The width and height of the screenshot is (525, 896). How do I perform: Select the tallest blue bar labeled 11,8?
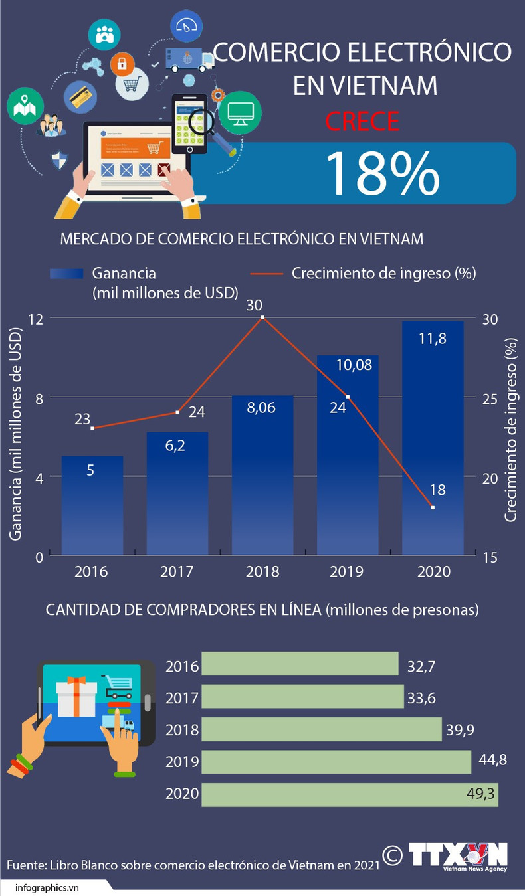tap(433, 438)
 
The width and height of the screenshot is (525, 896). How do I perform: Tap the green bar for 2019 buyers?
tap(336, 761)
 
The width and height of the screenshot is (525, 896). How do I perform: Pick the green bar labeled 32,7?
tap(300, 664)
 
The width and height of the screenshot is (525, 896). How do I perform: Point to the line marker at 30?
tap(262, 317)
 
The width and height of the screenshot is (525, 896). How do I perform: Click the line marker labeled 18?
tap(433, 507)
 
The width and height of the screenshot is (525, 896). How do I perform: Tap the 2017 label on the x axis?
tap(177, 571)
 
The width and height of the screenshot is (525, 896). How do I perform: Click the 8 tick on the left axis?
tap(39, 397)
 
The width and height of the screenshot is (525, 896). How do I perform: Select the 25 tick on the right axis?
tap(489, 398)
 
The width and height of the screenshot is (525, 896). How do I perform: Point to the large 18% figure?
tap(383, 173)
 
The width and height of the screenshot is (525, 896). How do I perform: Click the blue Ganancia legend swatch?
tap(66, 274)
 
